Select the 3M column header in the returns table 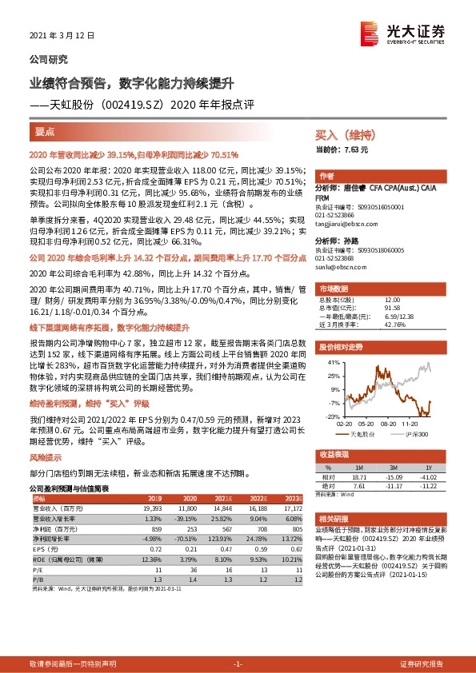pos(393,468)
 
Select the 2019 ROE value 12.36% pos(150,559)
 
